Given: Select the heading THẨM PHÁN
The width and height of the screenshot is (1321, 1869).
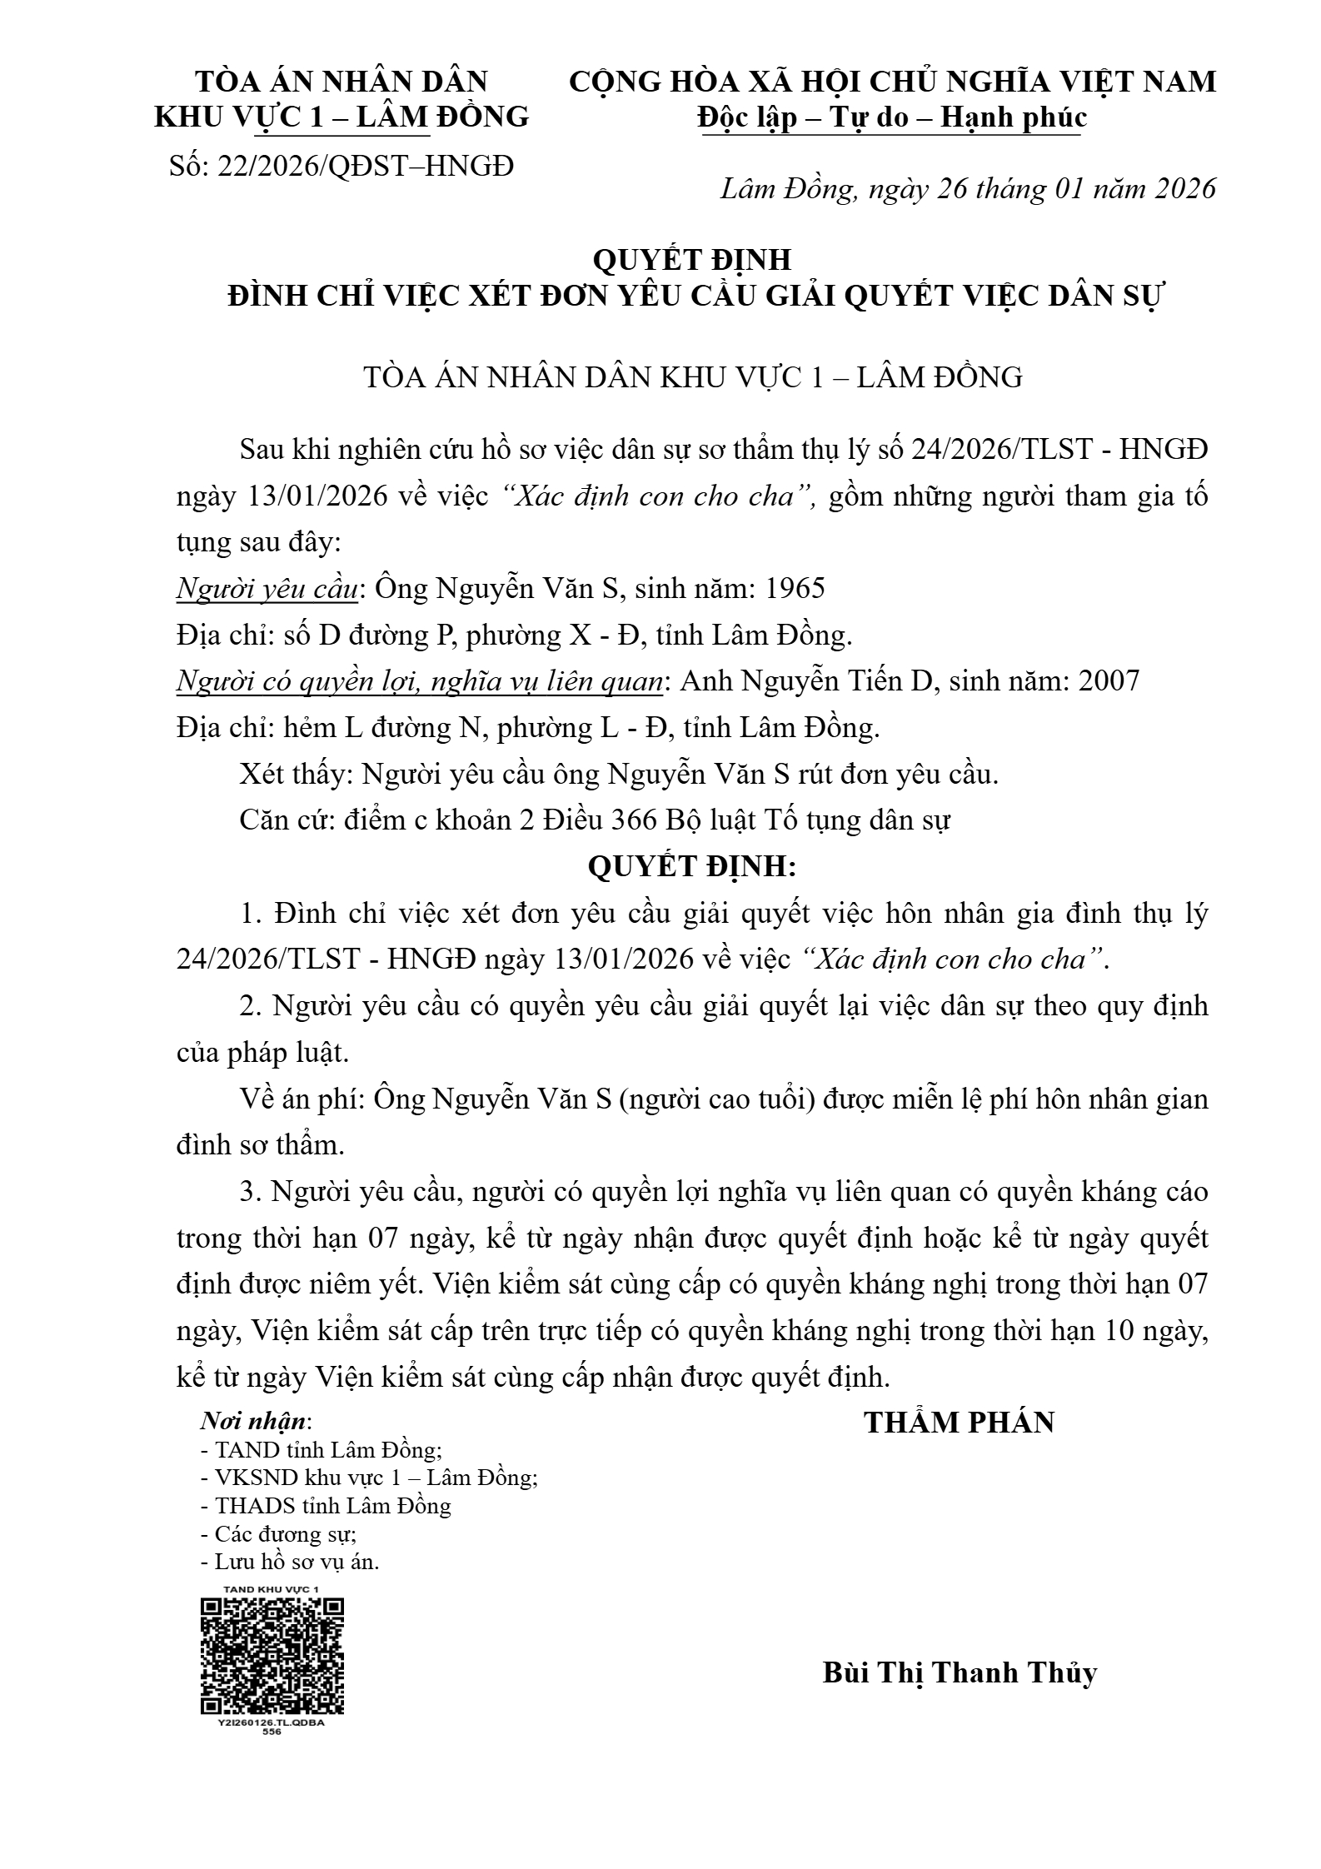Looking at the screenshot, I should (960, 1422).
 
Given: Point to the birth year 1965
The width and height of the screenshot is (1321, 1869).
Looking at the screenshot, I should (795, 589).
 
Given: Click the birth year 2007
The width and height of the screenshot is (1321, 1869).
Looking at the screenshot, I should (1109, 681).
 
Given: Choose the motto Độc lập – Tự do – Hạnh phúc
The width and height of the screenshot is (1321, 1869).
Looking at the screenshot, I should (892, 117).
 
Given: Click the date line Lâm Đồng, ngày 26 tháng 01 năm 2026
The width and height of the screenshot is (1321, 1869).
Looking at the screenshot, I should (968, 189).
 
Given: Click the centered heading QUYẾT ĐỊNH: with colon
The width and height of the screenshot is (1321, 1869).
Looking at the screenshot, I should (692, 867).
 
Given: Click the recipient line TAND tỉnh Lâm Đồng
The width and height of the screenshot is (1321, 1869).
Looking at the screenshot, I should (322, 1450).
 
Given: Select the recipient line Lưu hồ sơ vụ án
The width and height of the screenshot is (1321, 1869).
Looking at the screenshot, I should (296, 1562).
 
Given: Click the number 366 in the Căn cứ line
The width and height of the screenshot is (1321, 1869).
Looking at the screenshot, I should (636, 821).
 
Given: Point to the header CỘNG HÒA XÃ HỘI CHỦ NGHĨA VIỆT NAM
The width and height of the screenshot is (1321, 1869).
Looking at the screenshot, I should (892, 82).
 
